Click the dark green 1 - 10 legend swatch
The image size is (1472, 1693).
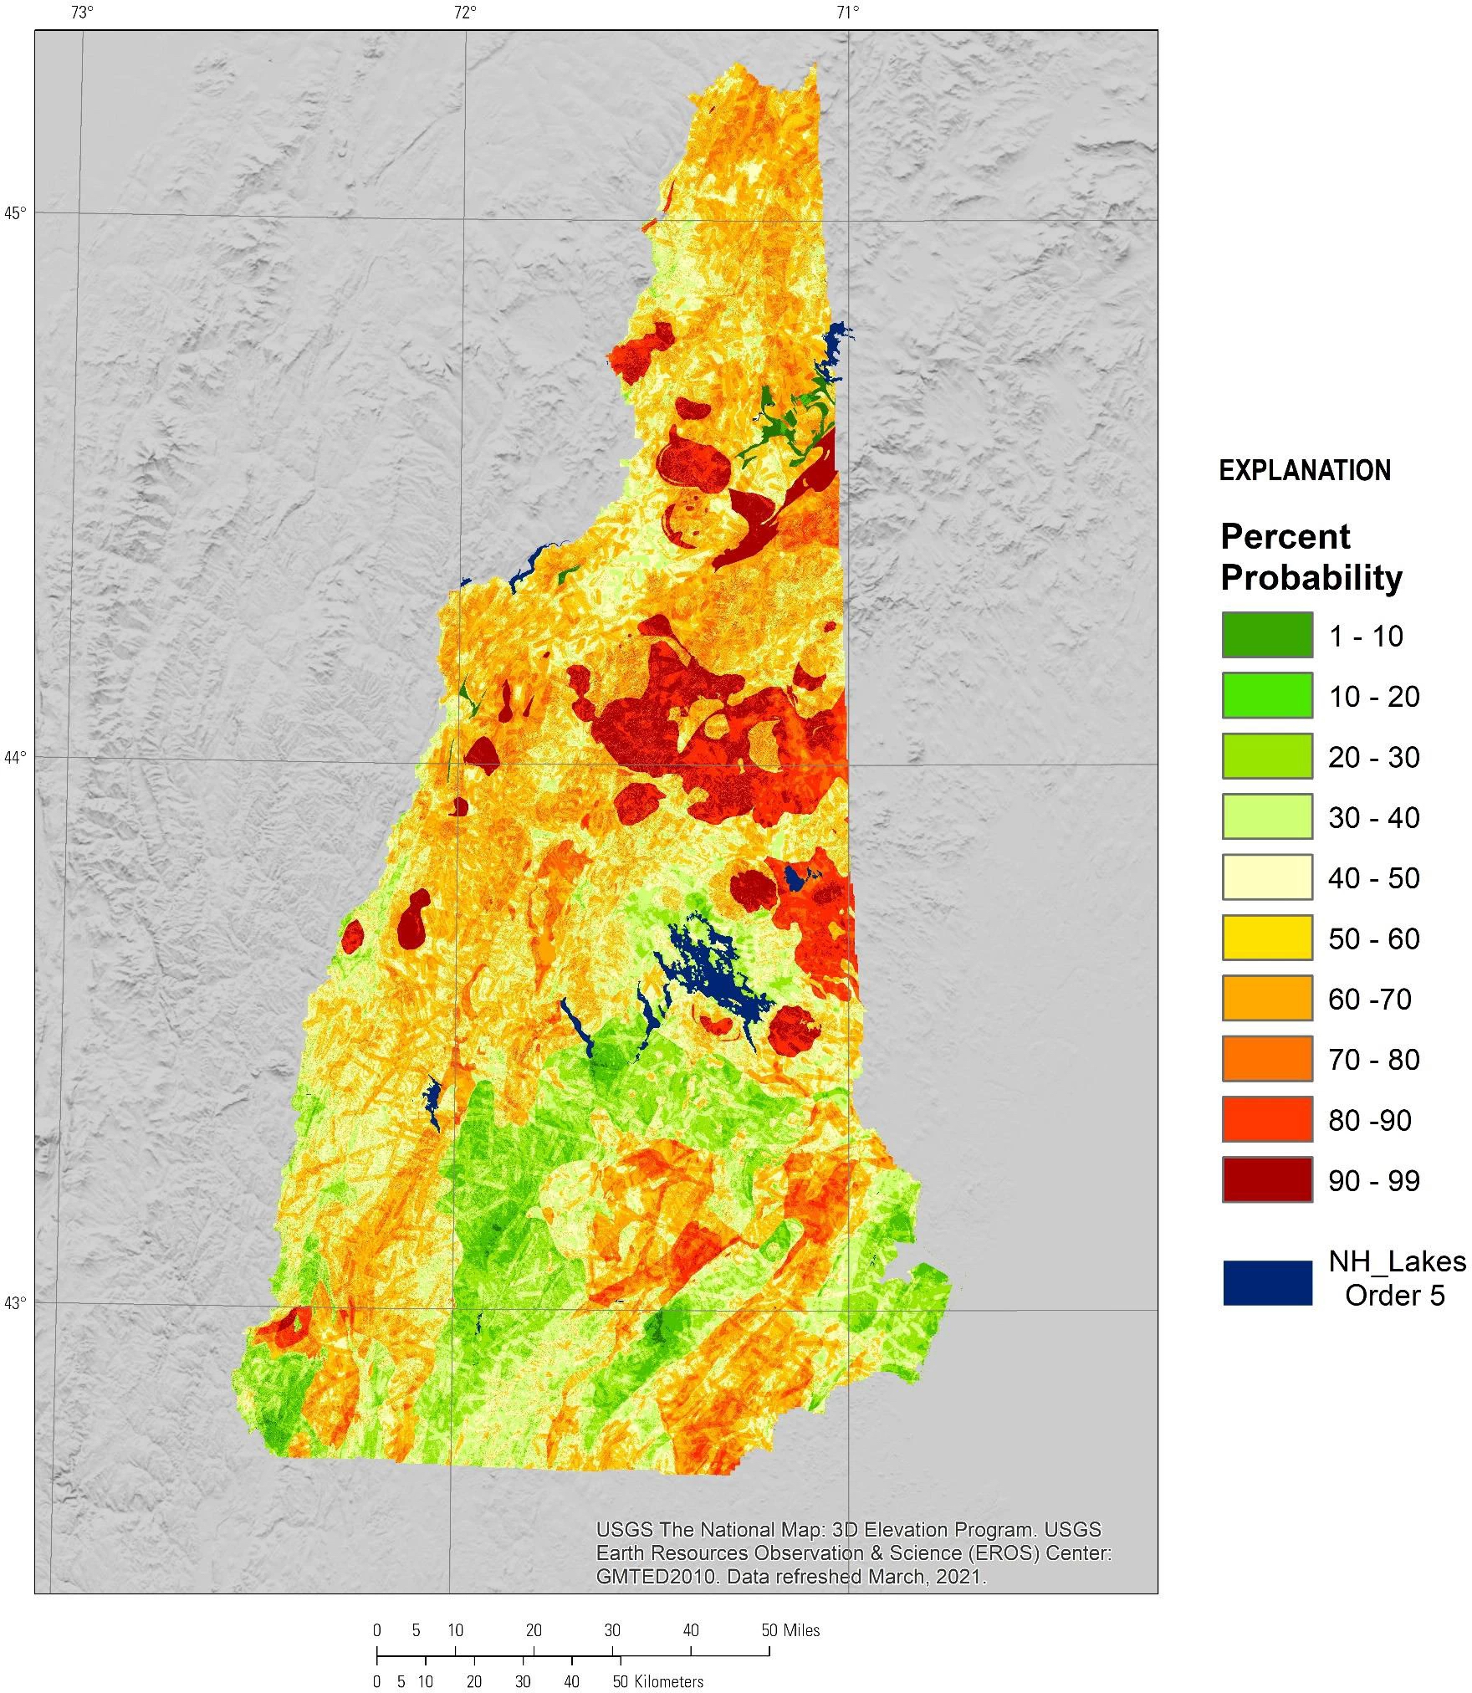point(1266,635)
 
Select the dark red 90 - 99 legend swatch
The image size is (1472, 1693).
point(1266,1179)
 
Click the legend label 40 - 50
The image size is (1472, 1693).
point(1373,877)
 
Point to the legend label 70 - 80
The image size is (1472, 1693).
point(1373,1059)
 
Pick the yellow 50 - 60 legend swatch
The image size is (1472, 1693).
point(1266,938)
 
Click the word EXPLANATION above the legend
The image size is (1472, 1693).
point(1304,471)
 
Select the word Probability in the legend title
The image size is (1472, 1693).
point(1311,578)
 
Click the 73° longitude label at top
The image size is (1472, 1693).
point(81,13)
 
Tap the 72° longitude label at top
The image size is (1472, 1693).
point(465,13)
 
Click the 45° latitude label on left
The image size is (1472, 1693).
point(16,212)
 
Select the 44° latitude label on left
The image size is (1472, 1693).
point(16,757)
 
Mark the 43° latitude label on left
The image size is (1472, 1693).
point(16,1302)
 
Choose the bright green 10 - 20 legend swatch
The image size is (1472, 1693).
point(1266,695)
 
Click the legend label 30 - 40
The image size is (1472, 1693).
point(1373,817)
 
